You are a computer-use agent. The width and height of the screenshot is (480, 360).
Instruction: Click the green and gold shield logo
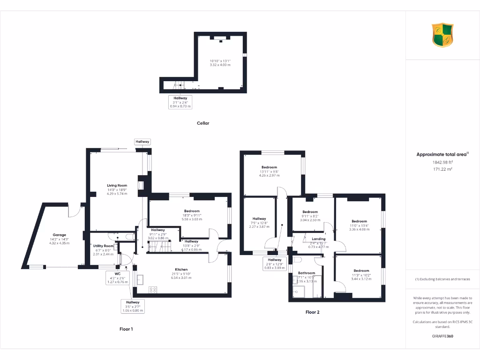pos(442,36)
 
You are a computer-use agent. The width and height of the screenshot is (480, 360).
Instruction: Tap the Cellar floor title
pos(203,123)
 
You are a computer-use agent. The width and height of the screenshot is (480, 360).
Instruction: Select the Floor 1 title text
pos(126,329)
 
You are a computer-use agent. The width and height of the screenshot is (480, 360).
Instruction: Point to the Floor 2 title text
pos(313,312)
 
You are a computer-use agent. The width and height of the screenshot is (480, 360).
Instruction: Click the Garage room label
pos(59,235)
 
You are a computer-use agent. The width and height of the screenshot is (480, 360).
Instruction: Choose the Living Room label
pos(117,186)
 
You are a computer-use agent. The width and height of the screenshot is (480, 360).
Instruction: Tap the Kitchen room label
pos(181,270)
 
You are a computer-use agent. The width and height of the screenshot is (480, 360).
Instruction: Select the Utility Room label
pos(103,246)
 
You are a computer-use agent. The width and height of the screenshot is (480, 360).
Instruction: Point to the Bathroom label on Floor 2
pos(307,273)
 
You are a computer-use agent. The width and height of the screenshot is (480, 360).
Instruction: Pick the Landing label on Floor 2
pos(318,239)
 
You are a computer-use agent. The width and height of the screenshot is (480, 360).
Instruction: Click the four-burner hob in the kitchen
pos(153,290)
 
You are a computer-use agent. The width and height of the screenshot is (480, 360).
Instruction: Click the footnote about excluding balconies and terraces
pos(442,279)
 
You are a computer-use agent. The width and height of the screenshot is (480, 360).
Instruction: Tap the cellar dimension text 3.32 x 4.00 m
pos(220,65)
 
